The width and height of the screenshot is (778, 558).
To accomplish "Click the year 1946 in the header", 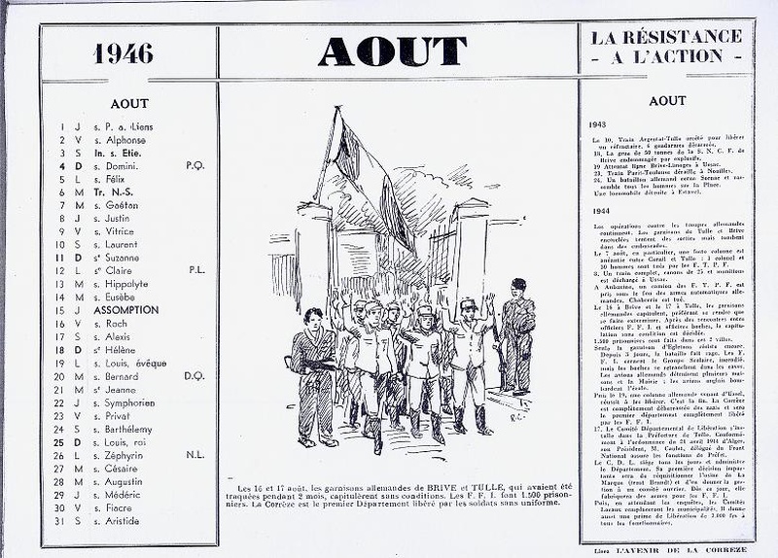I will tap(124, 52).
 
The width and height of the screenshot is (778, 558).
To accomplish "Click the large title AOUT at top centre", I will tap(392, 51).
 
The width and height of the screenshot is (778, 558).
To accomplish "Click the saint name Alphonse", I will tap(124, 140).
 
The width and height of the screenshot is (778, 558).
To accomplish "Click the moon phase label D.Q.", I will tap(194, 375).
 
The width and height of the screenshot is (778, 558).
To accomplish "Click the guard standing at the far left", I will tap(314, 374).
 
